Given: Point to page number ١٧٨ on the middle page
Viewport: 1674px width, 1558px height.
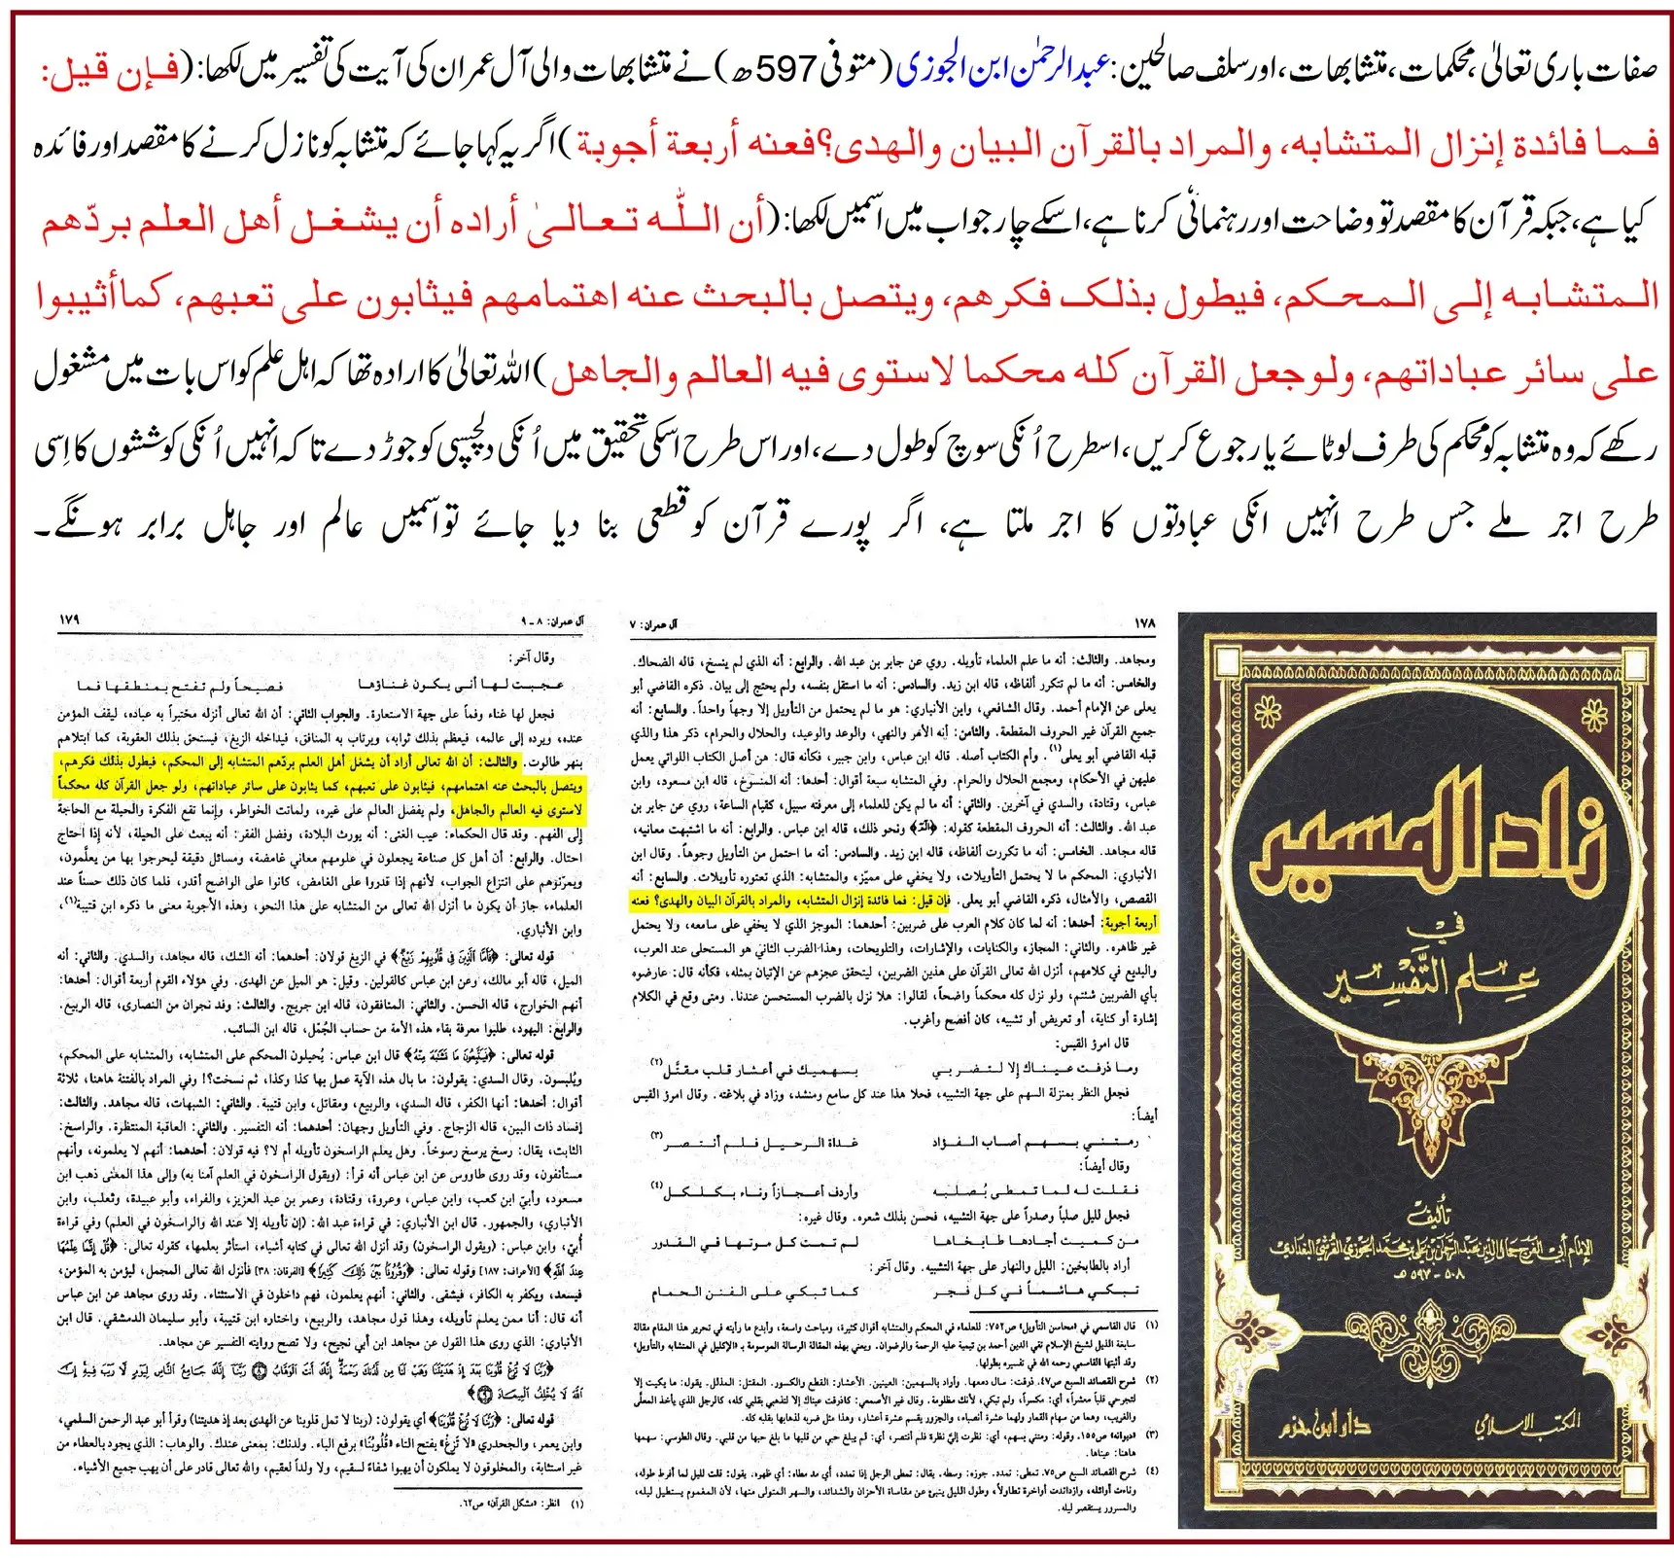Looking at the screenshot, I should point(1144,621).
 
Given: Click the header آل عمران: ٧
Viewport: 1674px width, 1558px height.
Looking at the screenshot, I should point(655,622).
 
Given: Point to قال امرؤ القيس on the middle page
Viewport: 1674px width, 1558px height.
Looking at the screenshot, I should point(1096,1043).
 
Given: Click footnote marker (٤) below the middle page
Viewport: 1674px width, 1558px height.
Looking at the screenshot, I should point(1151,1470).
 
